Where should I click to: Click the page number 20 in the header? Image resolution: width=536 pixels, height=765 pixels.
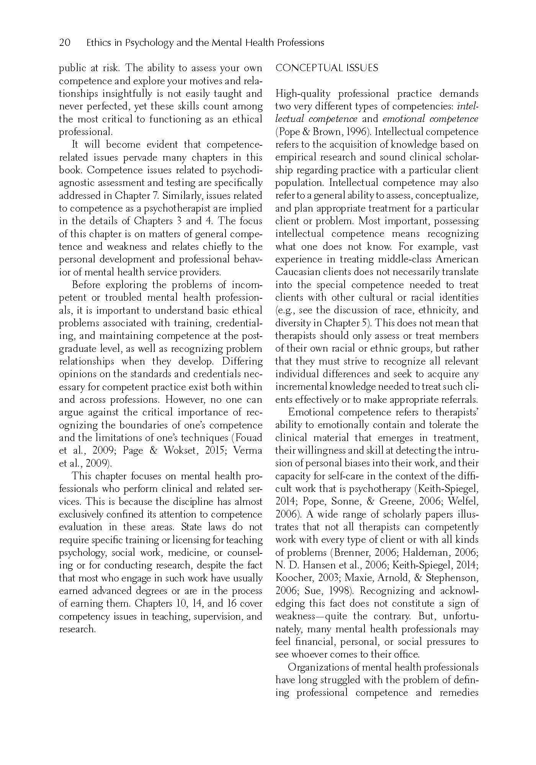[65, 42]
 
